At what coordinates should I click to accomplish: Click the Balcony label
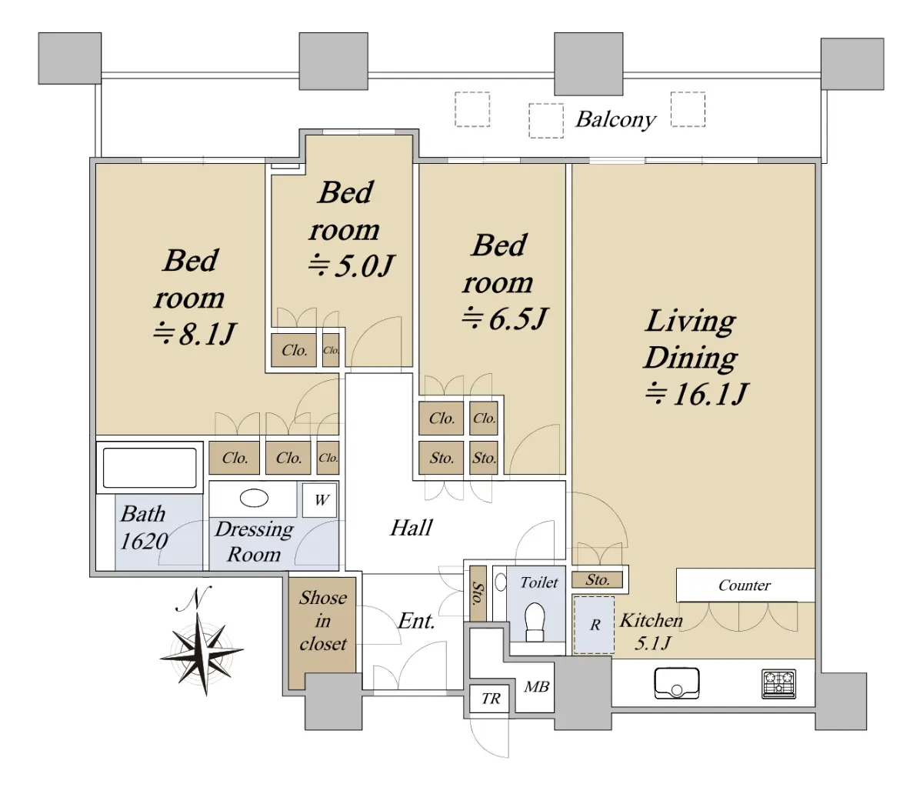tap(615, 119)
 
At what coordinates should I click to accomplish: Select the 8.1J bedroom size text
tap(194, 334)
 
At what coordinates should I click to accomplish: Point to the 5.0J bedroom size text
tap(351, 265)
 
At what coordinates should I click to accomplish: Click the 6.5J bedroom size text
tap(504, 319)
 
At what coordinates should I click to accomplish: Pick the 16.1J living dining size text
tap(697, 393)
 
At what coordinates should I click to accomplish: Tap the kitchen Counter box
tap(745, 585)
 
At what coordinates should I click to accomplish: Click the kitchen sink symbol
tap(677, 682)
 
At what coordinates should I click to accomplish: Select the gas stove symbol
tap(778, 684)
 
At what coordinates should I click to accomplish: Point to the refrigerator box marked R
tap(594, 625)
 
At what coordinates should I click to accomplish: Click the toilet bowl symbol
tap(535, 622)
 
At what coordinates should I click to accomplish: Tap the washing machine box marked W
tap(320, 499)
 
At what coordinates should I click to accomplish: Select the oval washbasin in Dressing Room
tap(254, 498)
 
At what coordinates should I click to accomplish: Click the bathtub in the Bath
tap(149, 468)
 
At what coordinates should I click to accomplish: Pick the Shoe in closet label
tap(323, 621)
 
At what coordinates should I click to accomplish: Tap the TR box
tap(490, 699)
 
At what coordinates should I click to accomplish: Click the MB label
tap(536, 686)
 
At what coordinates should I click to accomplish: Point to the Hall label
tap(412, 527)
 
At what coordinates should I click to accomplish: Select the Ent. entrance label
tap(416, 621)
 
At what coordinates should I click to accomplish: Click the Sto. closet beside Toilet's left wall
tap(478, 593)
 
